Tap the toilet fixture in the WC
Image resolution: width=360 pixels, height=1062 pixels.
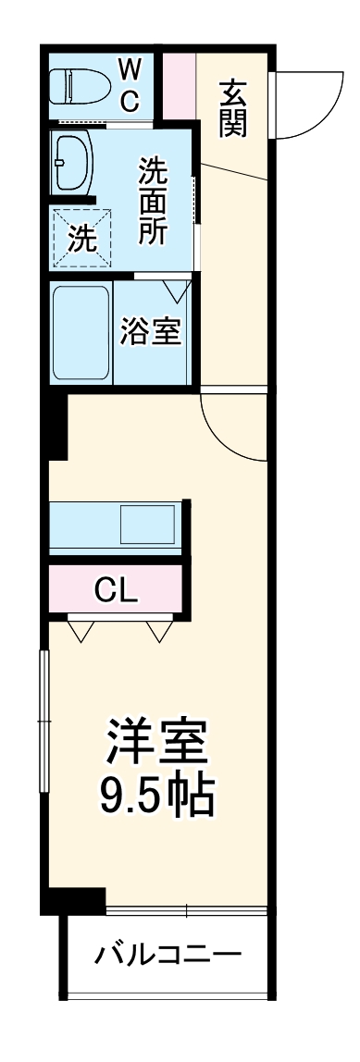(81, 86)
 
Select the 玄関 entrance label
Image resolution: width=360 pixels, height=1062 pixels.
(232, 108)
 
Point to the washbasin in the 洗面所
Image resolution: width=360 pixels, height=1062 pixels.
(73, 163)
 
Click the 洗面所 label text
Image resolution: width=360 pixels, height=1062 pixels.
(154, 201)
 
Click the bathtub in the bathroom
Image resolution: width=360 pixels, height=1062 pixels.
(81, 335)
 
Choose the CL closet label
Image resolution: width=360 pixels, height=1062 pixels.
(116, 591)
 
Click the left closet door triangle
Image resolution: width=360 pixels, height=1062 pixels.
(82, 630)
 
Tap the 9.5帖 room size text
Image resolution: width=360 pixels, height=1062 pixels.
(156, 796)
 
